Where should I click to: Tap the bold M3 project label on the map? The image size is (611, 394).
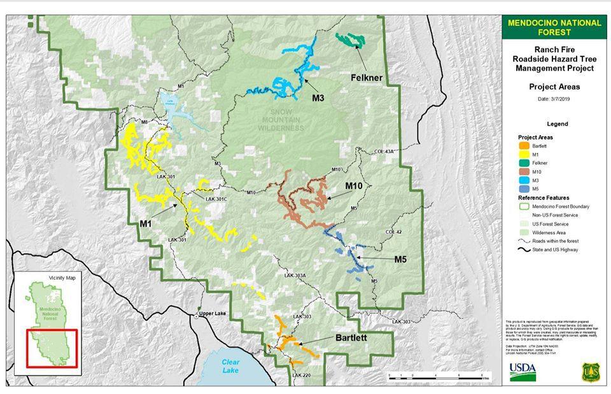pos(318,98)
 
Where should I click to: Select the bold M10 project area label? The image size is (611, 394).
pos(354,185)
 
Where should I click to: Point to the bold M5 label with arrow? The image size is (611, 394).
pos(400,259)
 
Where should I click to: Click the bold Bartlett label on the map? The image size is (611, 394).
pos(351,338)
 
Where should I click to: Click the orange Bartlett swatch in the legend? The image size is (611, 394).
pos(524,146)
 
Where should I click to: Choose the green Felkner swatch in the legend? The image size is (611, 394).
pos(524,163)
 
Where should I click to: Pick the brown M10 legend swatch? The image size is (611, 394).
pos(524,171)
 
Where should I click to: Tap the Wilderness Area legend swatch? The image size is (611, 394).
pos(524,233)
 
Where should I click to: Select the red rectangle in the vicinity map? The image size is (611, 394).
pos(52,348)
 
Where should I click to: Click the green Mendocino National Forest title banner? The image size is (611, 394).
pos(554,27)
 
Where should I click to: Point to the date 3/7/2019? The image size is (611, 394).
pos(554,99)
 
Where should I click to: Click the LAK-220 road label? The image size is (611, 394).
pos(303,376)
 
